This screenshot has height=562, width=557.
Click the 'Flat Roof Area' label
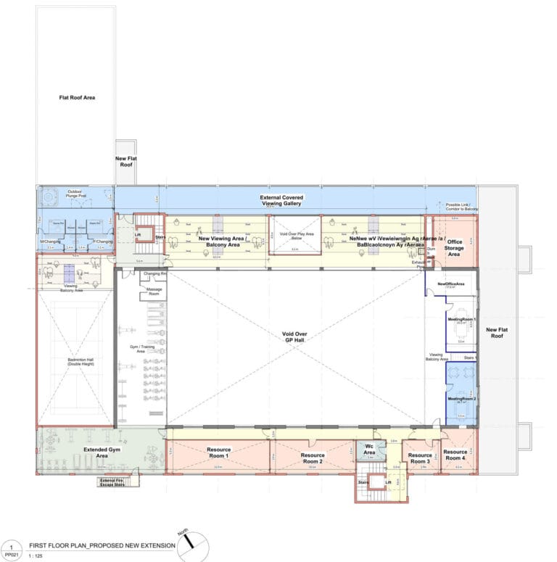(x=77, y=97)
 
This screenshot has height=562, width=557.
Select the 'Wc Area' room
(x=369, y=450)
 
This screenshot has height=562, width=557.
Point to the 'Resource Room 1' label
(x=218, y=453)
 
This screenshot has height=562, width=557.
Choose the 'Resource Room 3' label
(x=421, y=458)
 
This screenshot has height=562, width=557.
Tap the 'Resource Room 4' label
(x=455, y=455)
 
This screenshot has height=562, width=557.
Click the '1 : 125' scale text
(x=36, y=555)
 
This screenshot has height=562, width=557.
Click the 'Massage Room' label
(x=154, y=291)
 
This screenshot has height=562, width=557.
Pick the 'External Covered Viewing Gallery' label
(x=283, y=201)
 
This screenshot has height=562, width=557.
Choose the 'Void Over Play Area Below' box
(x=296, y=236)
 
